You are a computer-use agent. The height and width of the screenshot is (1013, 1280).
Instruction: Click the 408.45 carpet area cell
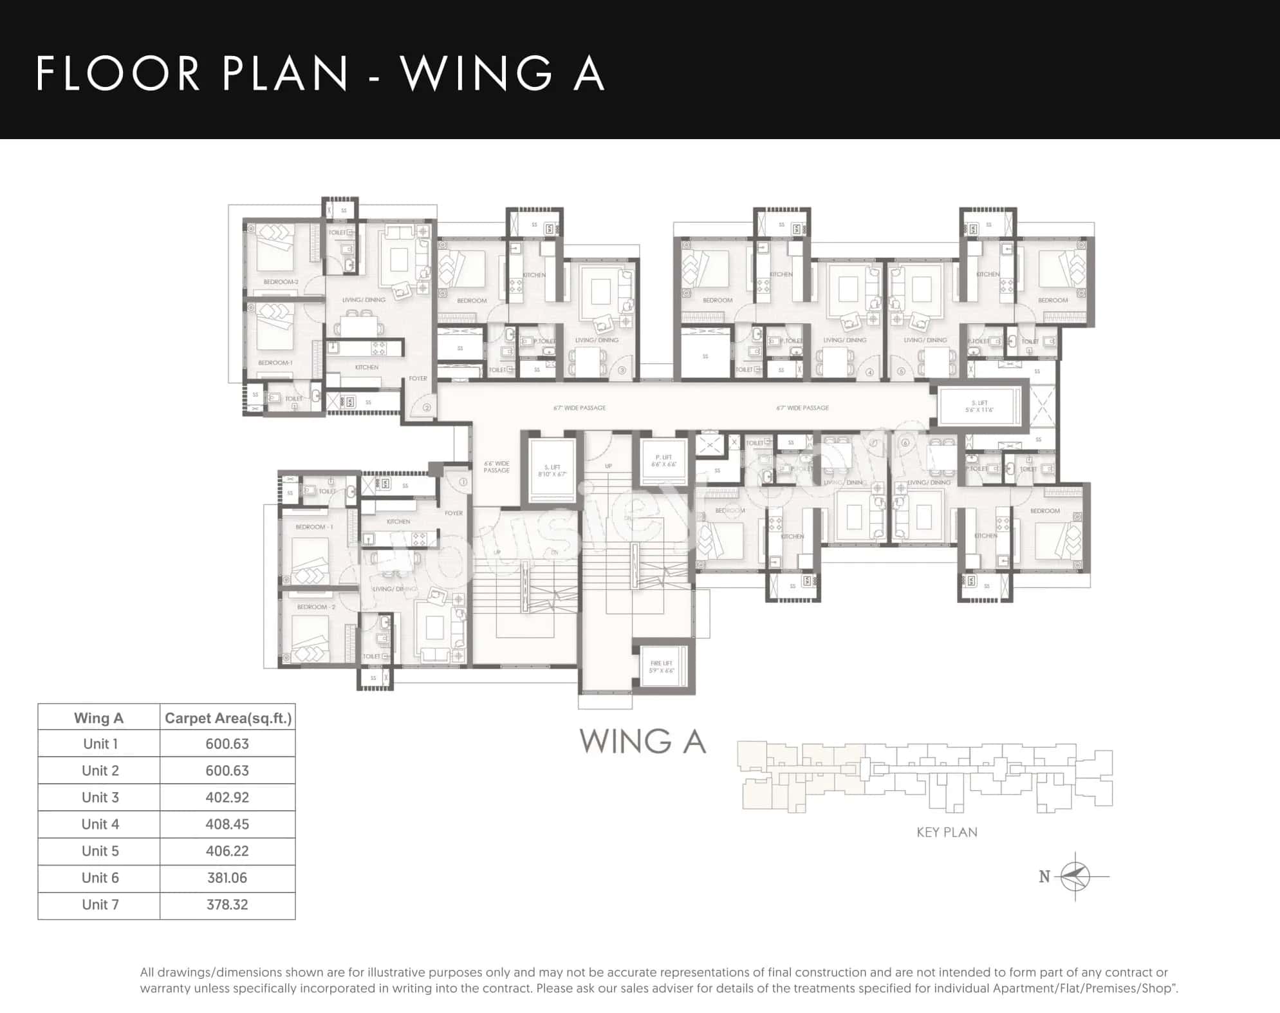227,824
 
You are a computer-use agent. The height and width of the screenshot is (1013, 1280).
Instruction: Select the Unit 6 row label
100,878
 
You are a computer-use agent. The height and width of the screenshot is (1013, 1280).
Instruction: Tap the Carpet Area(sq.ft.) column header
228,718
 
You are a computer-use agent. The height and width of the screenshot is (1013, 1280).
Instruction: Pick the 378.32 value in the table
227,905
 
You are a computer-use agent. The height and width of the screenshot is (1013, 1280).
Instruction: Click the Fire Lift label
662,667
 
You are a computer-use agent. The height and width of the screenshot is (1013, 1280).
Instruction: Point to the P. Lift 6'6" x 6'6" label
663,460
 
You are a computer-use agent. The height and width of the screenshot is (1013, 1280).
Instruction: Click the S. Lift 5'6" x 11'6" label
979,406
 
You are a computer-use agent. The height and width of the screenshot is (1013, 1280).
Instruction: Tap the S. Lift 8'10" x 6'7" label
552,471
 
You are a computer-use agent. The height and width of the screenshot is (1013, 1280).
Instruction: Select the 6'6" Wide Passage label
496,467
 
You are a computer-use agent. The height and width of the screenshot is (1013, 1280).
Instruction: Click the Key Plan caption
947,832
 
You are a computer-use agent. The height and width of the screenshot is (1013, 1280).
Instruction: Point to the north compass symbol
1075,876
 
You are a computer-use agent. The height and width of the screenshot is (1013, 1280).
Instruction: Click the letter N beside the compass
1044,876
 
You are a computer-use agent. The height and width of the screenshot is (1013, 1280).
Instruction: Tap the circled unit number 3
622,371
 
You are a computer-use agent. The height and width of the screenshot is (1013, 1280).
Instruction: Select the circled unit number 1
463,482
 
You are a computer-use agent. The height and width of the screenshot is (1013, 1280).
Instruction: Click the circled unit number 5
901,372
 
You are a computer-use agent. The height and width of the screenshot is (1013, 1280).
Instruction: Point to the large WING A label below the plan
642,741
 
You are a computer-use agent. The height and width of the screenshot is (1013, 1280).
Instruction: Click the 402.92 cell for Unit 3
227,797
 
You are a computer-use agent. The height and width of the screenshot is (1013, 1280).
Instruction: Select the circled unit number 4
869,372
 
